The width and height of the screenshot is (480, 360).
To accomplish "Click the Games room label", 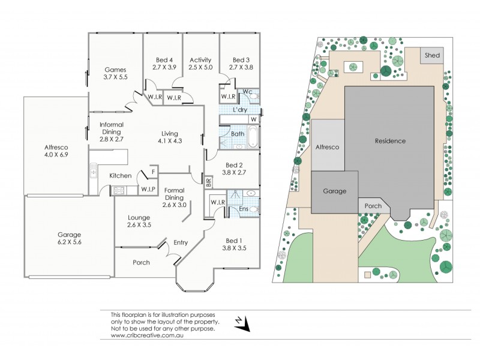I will point(115,69).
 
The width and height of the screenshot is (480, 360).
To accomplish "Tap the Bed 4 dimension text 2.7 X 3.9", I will point(164,68).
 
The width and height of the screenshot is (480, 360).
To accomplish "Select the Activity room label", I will point(200,60).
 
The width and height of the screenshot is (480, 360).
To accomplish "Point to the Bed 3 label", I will point(241,60).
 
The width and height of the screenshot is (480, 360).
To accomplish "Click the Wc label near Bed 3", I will point(247,91).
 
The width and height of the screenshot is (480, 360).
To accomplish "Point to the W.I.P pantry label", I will point(149,190).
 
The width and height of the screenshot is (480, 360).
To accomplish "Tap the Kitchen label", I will point(120,176).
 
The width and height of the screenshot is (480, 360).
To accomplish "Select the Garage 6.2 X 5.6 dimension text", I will point(70,242).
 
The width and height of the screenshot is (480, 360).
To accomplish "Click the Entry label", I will point(181,242).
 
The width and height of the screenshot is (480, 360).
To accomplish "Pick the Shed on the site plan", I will point(432,55).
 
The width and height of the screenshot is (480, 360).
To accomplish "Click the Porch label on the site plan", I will point(373,206).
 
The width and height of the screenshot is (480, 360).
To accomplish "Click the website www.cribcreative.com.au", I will point(146,335).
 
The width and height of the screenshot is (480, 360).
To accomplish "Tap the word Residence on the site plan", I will point(390,141).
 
